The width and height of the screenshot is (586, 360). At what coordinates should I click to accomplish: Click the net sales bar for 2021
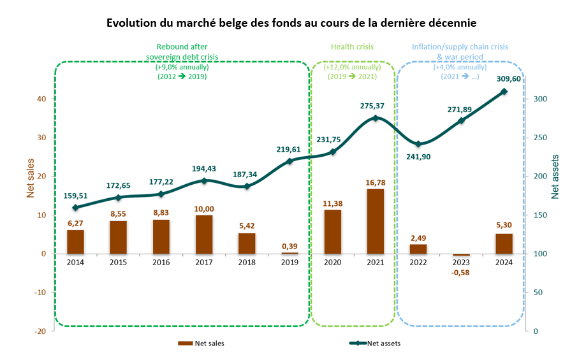click(x=375, y=221)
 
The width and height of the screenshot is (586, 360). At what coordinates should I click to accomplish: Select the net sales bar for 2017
click(x=204, y=234)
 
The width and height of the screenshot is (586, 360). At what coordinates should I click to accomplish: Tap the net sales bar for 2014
click(x=75, y=241)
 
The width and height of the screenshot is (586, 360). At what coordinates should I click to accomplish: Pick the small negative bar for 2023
click(x=461, y=255)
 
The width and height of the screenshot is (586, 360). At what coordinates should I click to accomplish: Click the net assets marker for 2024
click(x=504, y=92)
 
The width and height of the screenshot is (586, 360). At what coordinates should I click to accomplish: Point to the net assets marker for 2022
click(x=418, y=144)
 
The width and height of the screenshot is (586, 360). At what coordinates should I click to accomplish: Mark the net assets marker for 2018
click(x=247, y=186)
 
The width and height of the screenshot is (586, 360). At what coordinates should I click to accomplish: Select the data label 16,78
click(x=375, y=183)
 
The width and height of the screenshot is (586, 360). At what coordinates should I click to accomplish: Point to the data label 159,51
click(x=75, y=195)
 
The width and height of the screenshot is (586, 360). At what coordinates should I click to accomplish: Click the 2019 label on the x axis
click(x=289, y=262)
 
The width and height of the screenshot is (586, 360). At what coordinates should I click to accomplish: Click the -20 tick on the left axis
click(x=40, y=331)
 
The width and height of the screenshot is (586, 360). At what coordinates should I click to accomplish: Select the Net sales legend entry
click(x=200, y=343)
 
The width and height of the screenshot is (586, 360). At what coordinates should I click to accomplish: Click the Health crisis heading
click(x=352, y=47)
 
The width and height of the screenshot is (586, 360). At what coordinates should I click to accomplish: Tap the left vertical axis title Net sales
click(x=30, y=179)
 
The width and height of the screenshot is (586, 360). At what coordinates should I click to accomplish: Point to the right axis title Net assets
click(x=555, y=176)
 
